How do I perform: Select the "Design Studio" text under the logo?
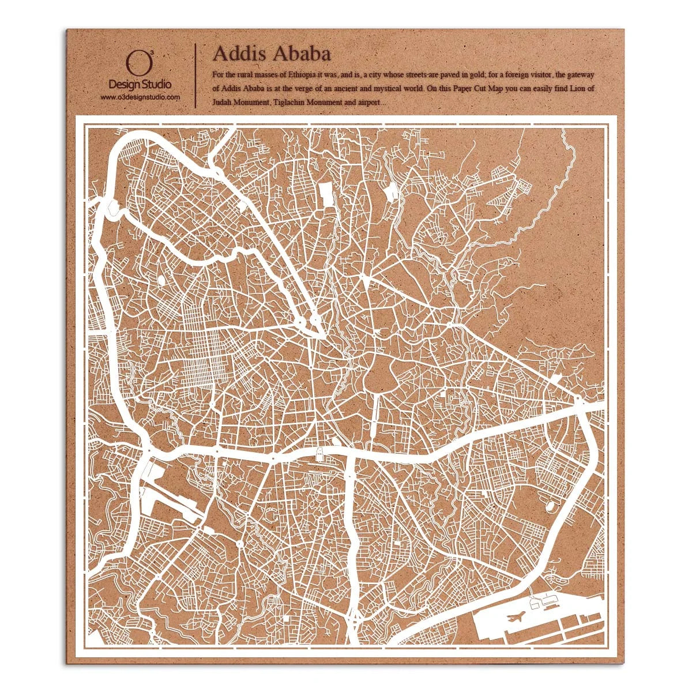(140, 85)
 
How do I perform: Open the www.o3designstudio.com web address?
(140, 97)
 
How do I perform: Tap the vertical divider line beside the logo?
(196, 75)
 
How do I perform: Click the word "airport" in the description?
(370, 102)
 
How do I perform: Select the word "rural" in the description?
(239, 75)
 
